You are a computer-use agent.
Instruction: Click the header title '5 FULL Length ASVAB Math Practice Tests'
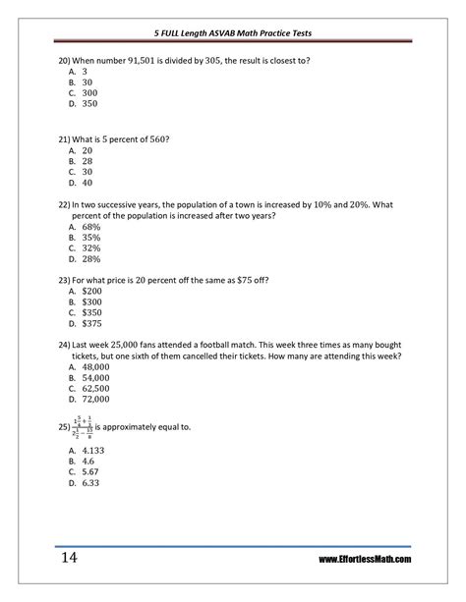coord(232,33)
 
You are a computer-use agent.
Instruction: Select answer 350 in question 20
coord(90,103)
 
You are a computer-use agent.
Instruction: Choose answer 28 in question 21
coord(87,161)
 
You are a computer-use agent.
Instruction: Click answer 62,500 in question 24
coord(95,388)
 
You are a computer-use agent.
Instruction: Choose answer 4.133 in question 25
coord(93,448)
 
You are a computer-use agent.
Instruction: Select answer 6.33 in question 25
coord(90,482)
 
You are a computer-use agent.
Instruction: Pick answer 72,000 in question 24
coord(95,400)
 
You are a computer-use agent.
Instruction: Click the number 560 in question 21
coord(156,139)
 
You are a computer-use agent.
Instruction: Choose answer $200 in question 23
coord(92,292)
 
